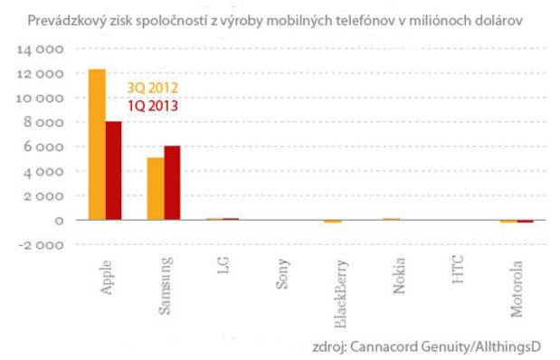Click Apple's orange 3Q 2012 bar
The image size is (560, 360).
(97, 145)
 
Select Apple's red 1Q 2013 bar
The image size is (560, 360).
(114, 171)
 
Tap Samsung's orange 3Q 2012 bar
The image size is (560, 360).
(156, 189)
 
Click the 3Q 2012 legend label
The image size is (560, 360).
(152, 88)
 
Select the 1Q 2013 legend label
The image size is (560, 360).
(152, 106)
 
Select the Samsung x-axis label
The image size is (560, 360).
(165, 284)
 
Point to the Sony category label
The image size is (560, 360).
(282, 272)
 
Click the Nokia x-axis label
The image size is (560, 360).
(399, 274)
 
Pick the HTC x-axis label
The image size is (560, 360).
(458, 269)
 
